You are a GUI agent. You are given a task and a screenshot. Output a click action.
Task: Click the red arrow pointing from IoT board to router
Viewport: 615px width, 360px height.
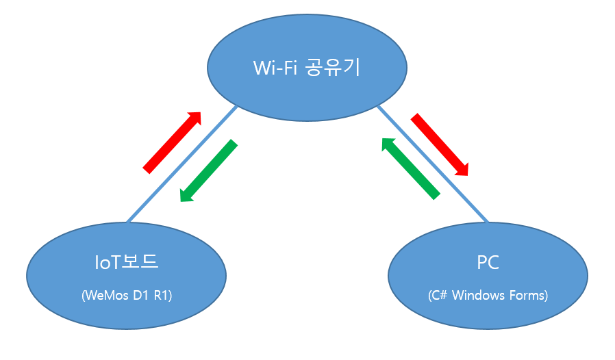(173, 141)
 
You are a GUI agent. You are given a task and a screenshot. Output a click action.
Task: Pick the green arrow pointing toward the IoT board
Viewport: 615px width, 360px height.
(208, 171)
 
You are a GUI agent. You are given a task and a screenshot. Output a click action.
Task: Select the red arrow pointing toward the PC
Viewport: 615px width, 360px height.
(440, 145)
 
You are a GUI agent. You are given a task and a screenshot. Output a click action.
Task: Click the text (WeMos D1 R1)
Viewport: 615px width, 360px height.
(127, 296)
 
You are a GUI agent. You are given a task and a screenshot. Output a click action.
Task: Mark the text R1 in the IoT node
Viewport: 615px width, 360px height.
(164, 296)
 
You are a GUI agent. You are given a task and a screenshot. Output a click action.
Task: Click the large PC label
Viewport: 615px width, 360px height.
(488, 263)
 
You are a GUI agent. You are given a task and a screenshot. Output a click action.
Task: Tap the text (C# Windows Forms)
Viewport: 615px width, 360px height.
(488, 296)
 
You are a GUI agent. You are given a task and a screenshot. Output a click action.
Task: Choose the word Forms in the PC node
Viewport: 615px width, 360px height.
(527, 296)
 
